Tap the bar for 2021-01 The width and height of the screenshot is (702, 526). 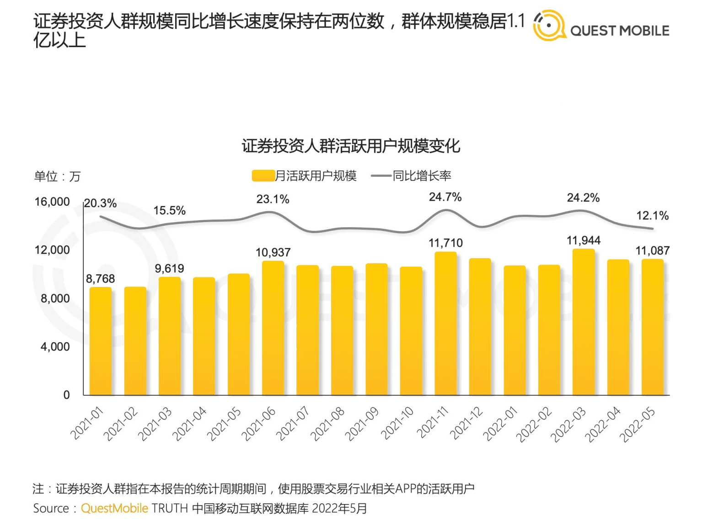click(101, 341)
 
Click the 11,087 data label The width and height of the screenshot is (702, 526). click(652, 250)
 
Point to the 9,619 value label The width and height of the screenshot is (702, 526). click(169, 268)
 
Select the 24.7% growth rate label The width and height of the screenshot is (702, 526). click(445, 197)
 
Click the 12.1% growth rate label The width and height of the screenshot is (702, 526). click(652, 216)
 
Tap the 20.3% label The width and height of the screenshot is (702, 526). click(101, 203)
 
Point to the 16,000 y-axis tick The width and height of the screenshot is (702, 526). click(52, 202)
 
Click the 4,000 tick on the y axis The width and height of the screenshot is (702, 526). click(55, 346)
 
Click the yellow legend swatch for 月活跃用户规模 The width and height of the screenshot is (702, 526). click(263, 176)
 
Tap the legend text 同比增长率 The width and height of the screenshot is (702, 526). click(422, 176)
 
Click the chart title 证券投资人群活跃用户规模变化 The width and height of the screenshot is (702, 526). click(351, 146)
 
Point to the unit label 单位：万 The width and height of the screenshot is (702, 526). click(57, 176)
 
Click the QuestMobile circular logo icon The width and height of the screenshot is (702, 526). click(549, 26)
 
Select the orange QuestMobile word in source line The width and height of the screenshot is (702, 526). click(114, 508)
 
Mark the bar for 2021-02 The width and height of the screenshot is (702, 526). click(135, 341)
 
